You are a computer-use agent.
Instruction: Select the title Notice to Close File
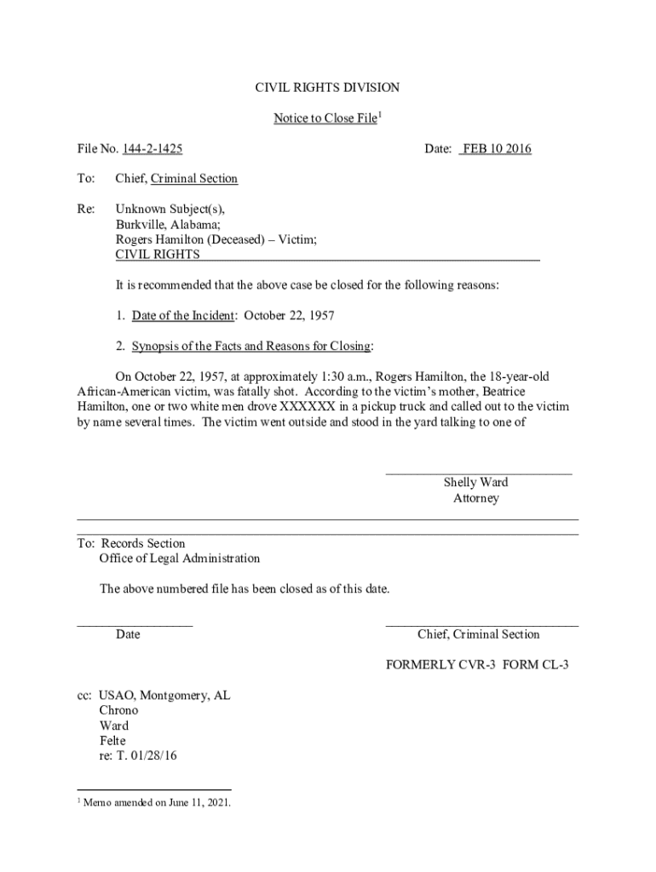click(x=325, y=118)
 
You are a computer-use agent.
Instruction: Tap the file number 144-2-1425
click(x=152, y=149)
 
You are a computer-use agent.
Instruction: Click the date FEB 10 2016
click(x=496, y=149)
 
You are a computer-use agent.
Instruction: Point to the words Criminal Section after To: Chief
click(x=195, y=179)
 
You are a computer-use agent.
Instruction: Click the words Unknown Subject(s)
click(x=170, y=209)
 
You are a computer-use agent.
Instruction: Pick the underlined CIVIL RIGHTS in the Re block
click(x=158, y=255)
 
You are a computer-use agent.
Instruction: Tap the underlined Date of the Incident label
click(x=182, y=316)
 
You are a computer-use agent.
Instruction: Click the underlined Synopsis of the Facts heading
click(x=250, y=346)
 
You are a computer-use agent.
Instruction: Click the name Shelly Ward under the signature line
click(x=475, y=483)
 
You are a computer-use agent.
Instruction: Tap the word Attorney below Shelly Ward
click(x=475, y=498)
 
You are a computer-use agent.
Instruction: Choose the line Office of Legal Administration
click(x=180, y=559)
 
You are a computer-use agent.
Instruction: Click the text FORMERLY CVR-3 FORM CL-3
click(x=476, y=665)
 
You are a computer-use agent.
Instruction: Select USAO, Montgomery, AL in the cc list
click(x=164, y=696)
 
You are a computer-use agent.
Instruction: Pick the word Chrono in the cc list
click(x=118, y=710)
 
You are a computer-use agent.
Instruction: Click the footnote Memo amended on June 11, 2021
click(x=158, y=803)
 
